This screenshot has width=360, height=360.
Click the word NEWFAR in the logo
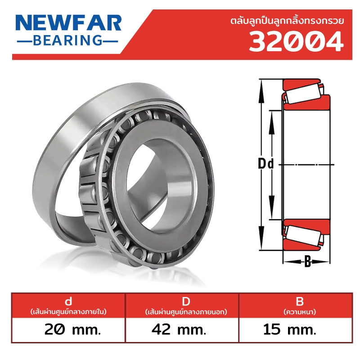(x=69, y=23)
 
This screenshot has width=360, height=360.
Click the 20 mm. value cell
(x=68, y=330)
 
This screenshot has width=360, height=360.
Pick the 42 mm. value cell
(x=182, y=330)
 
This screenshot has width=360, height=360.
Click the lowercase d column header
(x=68, y=301)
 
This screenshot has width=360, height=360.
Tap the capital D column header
(x=182, y=301)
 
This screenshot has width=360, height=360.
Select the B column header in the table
(x=299, y=301)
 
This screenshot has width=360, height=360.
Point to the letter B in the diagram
(x=308, y=261)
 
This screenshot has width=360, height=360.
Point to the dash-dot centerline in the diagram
(x=310, y=165)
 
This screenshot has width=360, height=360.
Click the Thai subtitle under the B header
(x=299, y=311)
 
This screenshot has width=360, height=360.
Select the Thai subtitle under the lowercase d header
(x=68, y=311)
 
